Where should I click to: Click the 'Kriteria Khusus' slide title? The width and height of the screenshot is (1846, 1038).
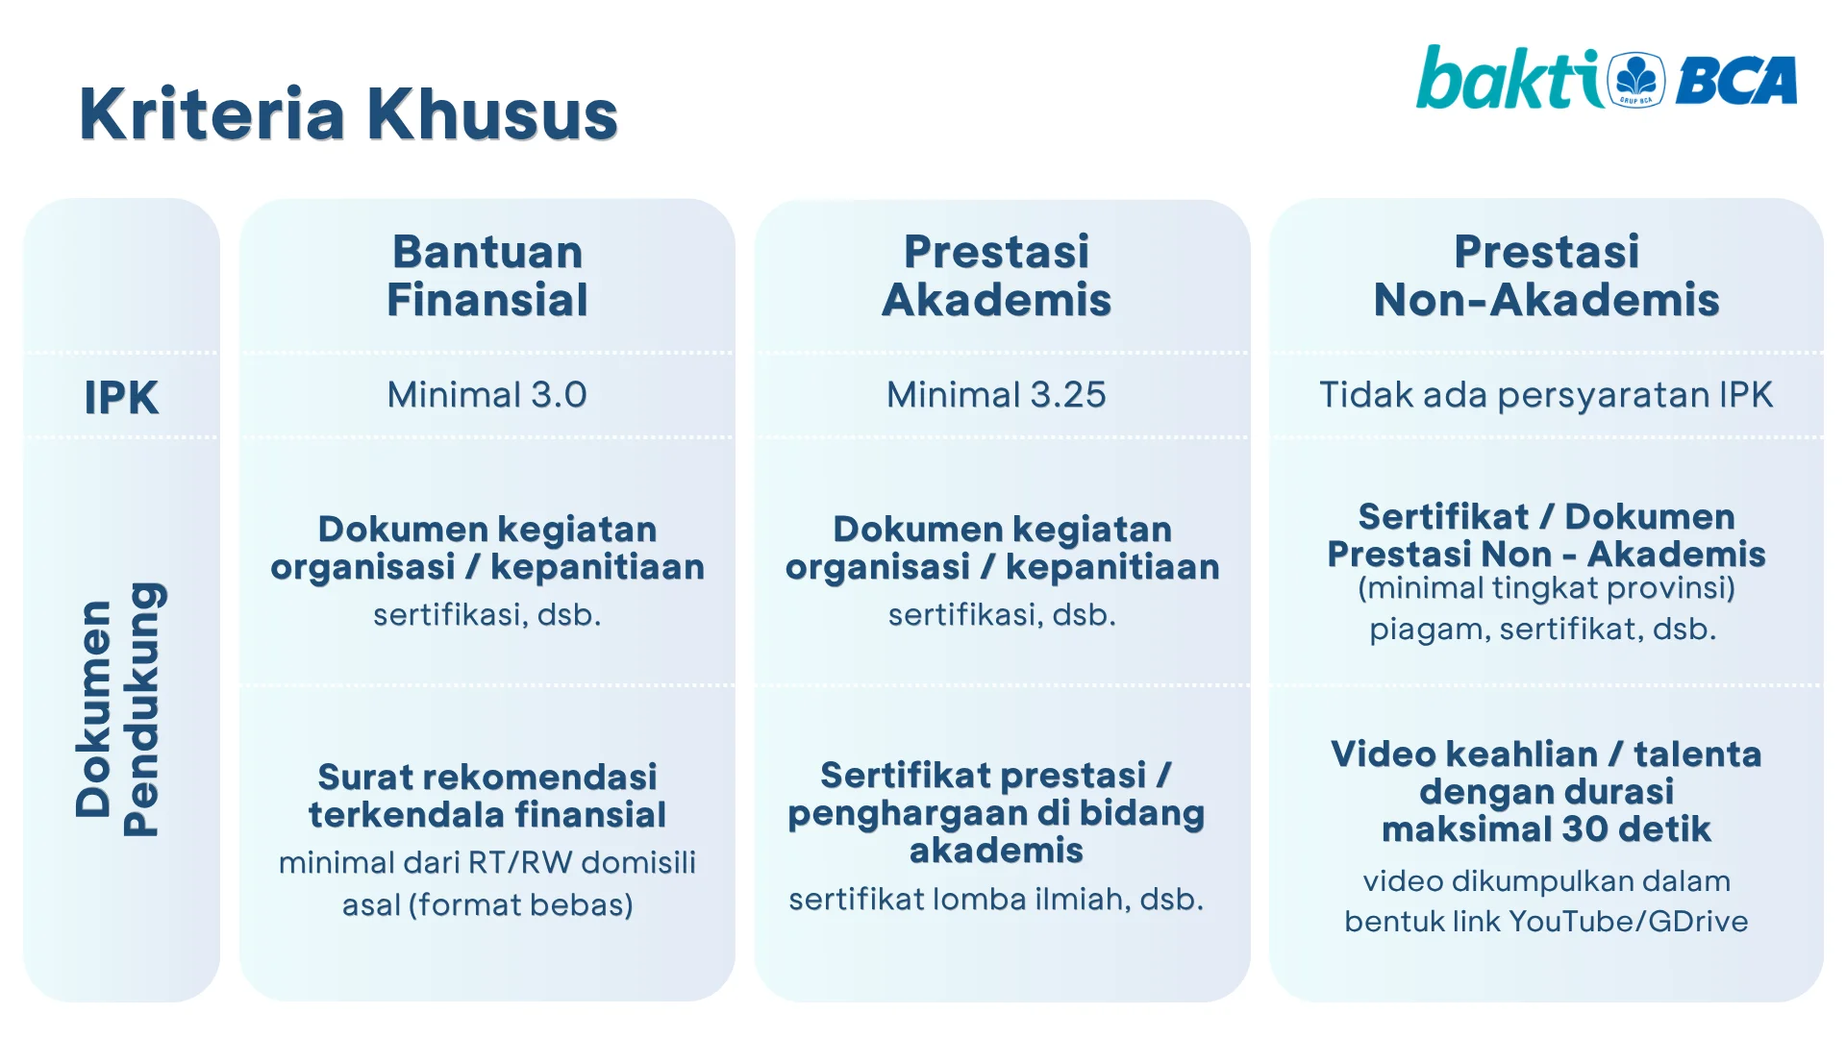[348, 114]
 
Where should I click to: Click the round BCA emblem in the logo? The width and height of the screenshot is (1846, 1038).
[1636, 80]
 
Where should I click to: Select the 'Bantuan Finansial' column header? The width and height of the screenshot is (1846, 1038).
[487, 275]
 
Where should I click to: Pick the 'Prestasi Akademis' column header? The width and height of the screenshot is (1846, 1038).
[997, 275]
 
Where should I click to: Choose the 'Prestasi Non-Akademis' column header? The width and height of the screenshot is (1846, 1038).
[1546, 275]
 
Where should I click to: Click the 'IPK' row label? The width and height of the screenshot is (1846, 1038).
[121, 397]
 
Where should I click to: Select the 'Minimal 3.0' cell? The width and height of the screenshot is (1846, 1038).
[487, 395]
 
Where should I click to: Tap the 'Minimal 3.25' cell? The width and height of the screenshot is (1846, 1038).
[997, 395]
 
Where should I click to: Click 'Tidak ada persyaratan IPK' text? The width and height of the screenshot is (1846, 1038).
[1546, 395]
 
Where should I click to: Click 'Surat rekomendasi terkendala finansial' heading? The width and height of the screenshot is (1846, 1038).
[487, 796]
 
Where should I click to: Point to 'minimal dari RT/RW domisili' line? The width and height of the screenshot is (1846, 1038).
[487, 862]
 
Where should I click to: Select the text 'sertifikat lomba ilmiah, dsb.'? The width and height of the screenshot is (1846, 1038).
[997, 900]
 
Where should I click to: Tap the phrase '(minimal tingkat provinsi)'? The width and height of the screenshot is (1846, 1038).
[1546, 588]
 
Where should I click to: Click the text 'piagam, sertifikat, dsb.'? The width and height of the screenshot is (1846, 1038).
[1543, 630]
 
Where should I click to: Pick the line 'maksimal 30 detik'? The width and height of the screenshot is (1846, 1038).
[1546, 828]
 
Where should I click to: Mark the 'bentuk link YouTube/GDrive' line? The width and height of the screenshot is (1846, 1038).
[1546, 921]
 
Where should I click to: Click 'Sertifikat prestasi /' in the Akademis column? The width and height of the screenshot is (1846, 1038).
[996, 775]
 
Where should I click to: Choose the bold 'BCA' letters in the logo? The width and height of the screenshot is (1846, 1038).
[1736, 81]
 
